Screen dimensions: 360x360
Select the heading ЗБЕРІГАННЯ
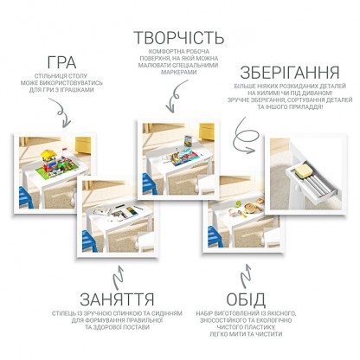coord(290,72)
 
